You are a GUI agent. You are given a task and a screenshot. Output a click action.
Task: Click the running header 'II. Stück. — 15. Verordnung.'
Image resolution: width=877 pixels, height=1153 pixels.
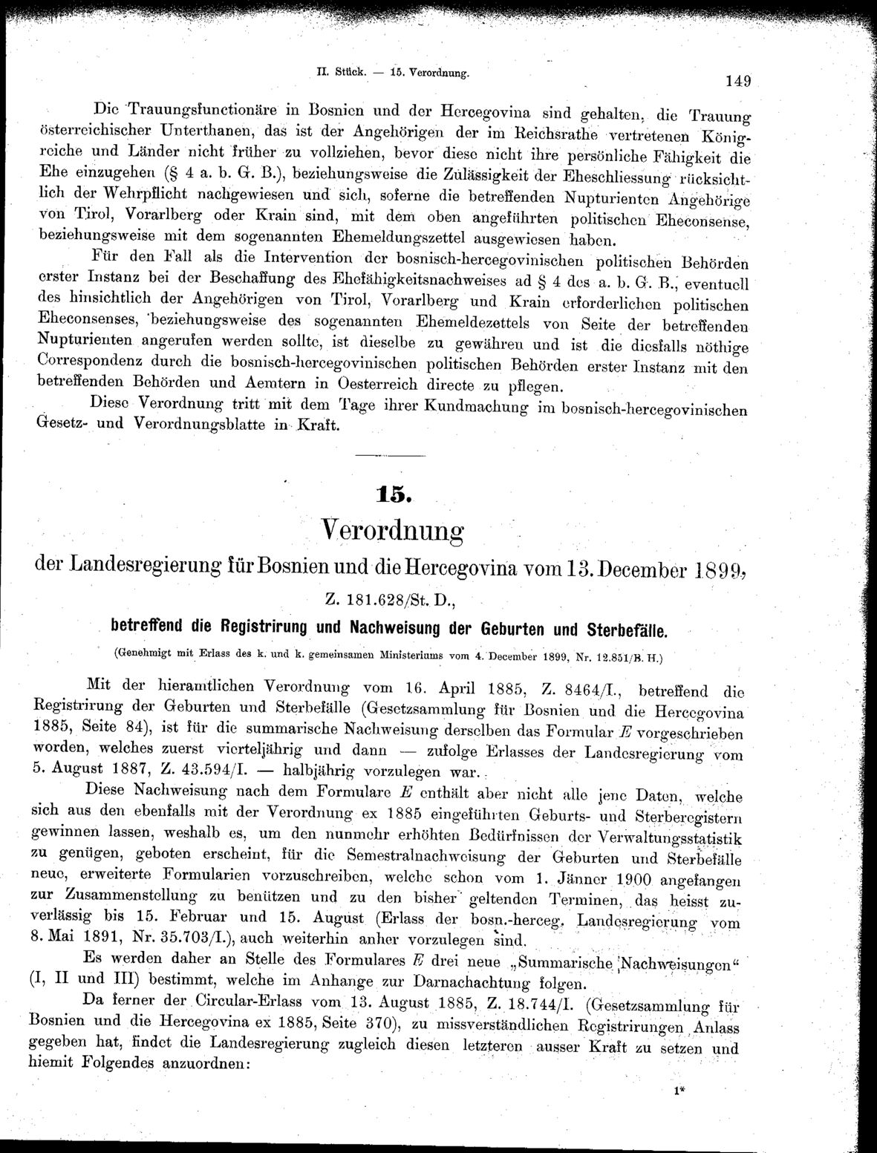coord(393,74)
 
